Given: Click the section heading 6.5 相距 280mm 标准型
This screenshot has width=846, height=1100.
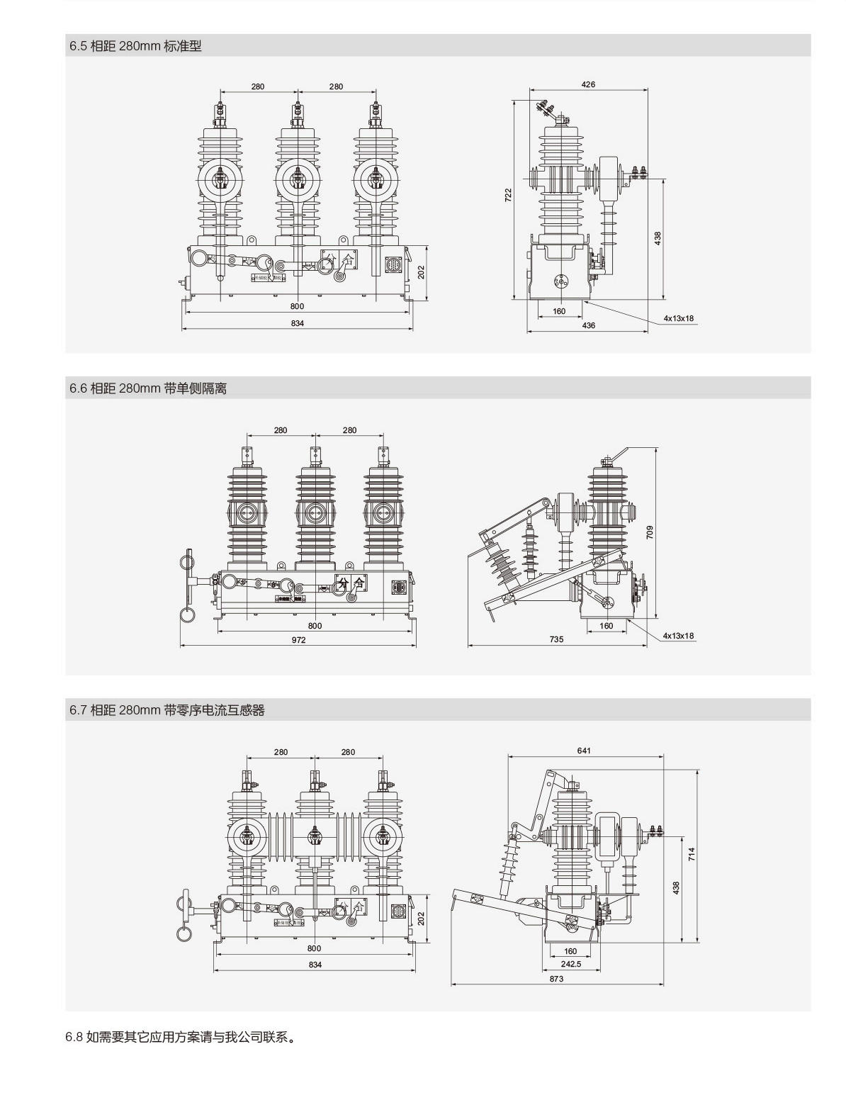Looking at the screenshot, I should pyautogui.click(x=135, y=46).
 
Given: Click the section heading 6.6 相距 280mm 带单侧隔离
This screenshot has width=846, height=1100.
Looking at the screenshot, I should pyautogui.click(x=148, y=388).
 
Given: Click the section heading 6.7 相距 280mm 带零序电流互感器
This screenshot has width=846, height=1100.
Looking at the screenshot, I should pyautogui.click(x=167, y=710).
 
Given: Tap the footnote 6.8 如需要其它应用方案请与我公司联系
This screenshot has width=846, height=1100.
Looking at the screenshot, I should pyautogui.click(x=180, y=1038).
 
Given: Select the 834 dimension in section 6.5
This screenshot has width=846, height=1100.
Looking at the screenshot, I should pyautogui.click(x=297, y=323).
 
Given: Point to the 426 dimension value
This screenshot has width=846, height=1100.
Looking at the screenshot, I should pyautogui.click(x=588, y=84).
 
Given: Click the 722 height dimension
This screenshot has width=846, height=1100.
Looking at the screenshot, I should pyautogui.click(x=508, y=196).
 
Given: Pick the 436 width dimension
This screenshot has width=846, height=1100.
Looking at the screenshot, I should pyautogui.click(x=588, y=325).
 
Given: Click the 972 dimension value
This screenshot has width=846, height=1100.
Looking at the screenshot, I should pyautogui.click(x=298, y=639).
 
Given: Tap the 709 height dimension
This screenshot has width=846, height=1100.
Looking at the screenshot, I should pyautogui.click(x=650, y=532).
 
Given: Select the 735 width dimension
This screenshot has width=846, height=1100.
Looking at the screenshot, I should pyautogui.click(x=556, y=639).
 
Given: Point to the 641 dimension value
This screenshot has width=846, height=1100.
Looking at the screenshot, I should pyautogui.click(x=584, y=751).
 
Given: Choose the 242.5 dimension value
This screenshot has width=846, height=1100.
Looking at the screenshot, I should pyautogui.click(x=570, y=964).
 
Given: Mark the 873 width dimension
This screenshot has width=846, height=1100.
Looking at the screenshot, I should pyautogui.click(x=556, y=979).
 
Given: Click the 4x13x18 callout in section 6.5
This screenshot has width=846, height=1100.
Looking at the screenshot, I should pyautogui.click(x=678, y=318).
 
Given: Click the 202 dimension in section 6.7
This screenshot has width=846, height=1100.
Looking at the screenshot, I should pyautogui.click(x=421, y=918).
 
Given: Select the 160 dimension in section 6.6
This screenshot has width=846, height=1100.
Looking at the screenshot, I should pyautogui.click(x=606, y=626).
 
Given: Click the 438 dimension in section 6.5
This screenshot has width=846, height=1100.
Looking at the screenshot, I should pyautogui.click(x=657, y=238).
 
